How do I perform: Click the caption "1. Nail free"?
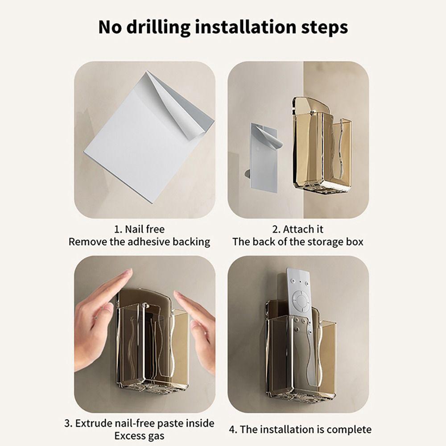click(139, 229)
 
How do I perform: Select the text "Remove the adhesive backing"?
click(139, 242)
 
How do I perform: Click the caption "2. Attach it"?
click(297, 229)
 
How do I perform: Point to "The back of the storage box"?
click(297, 242)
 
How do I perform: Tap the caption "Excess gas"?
click(139, 436)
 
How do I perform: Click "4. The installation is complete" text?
click(300, 429)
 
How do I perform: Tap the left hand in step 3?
click(98, 317)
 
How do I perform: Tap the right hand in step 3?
click(198, 326)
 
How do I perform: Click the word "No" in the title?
click(109, 27)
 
